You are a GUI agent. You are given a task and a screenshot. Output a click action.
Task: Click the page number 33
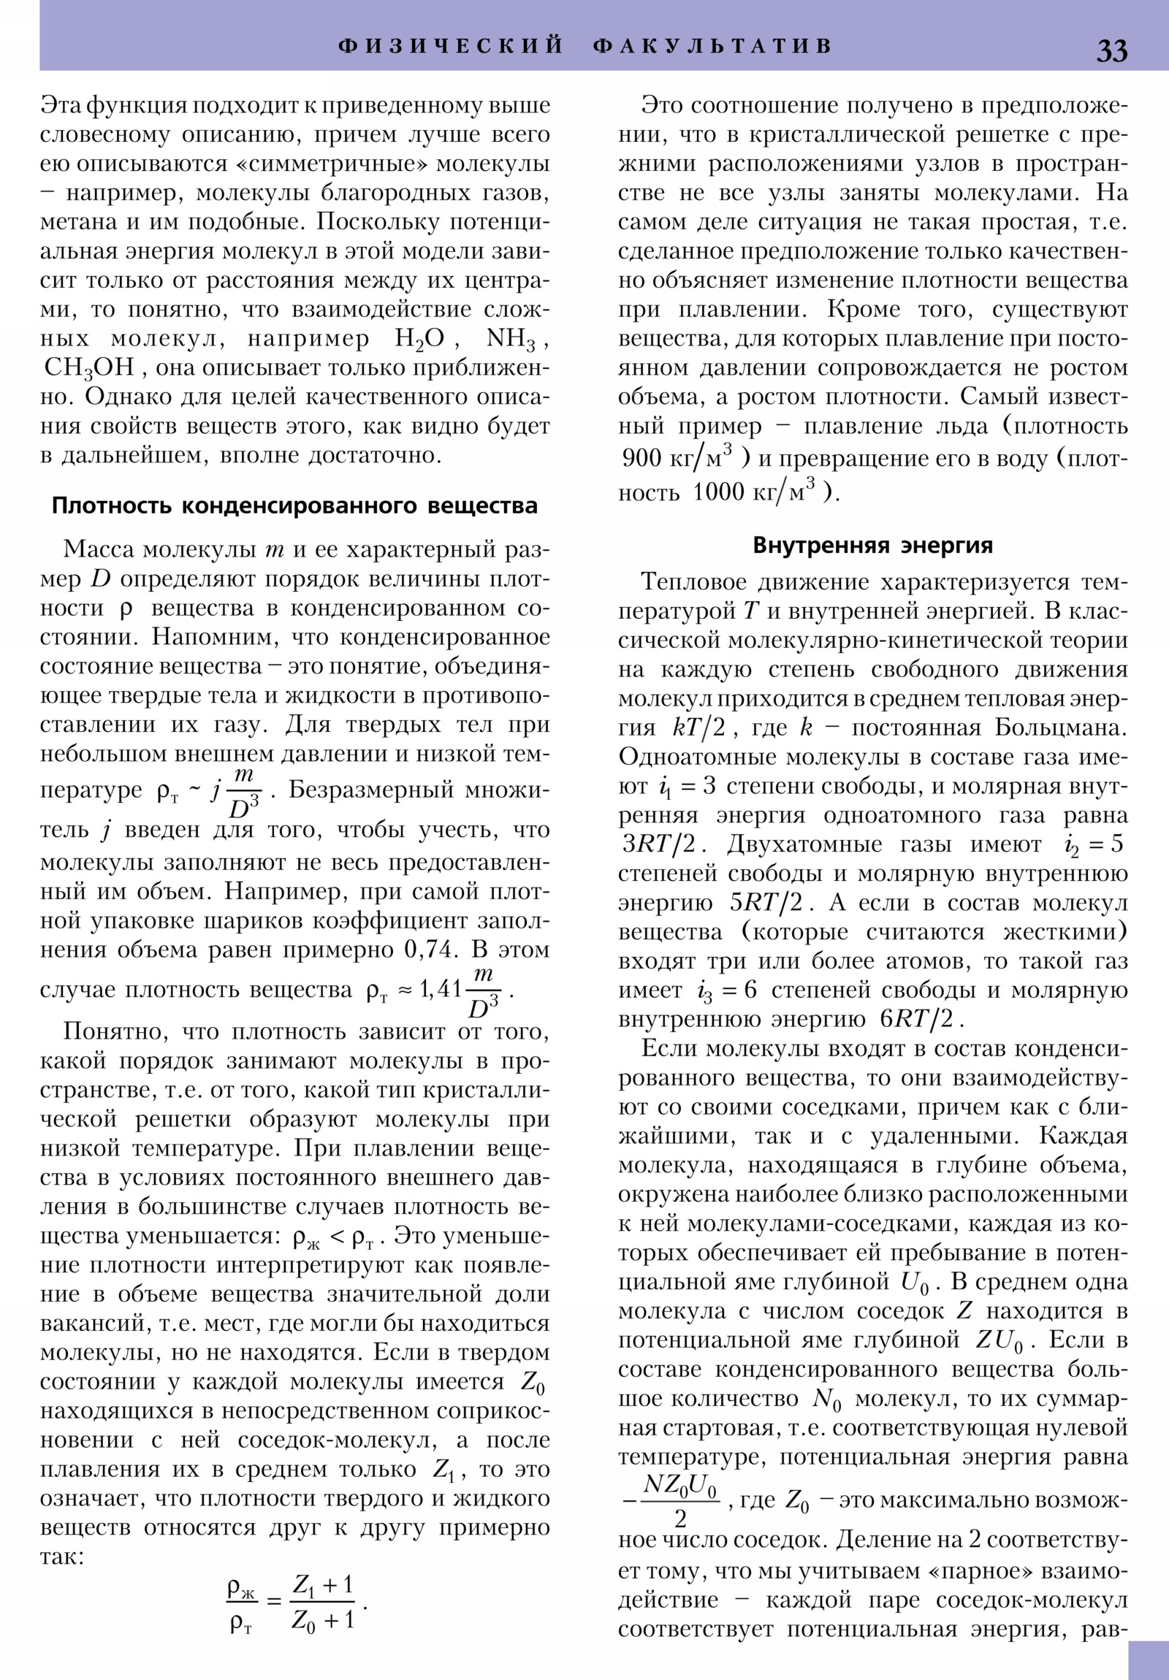(x=1111, y=50)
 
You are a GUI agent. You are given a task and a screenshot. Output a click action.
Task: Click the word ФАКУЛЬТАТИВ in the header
(x=712, y=46)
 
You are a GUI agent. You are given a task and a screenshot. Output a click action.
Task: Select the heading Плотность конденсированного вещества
(x=294, y=505)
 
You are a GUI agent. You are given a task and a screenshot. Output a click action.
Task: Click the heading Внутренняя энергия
(x=872, y=545)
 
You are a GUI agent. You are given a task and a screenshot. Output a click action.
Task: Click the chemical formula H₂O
(x=419, y=339)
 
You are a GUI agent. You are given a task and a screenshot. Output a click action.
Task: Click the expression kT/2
(x=698, y=728)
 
